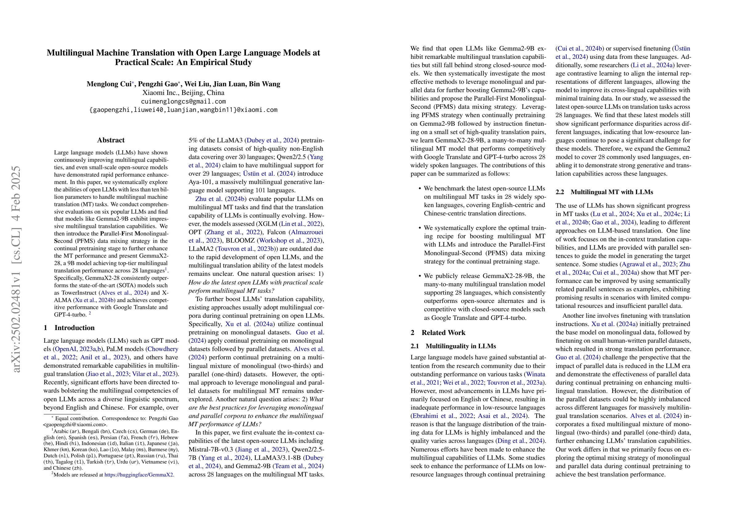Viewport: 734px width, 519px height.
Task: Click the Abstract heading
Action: tap(111, 140)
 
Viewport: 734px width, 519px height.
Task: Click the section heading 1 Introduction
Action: tap(69, 328)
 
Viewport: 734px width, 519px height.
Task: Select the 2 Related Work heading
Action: tap(438, 333)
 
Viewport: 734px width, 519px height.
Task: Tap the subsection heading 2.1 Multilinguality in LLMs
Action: tap(453, 346)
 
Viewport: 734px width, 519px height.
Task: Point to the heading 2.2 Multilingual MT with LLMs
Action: tap(604, 192)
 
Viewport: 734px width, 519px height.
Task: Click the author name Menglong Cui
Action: tap(109, 84)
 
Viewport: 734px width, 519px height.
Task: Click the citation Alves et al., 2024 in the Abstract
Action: tap(123, 292)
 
